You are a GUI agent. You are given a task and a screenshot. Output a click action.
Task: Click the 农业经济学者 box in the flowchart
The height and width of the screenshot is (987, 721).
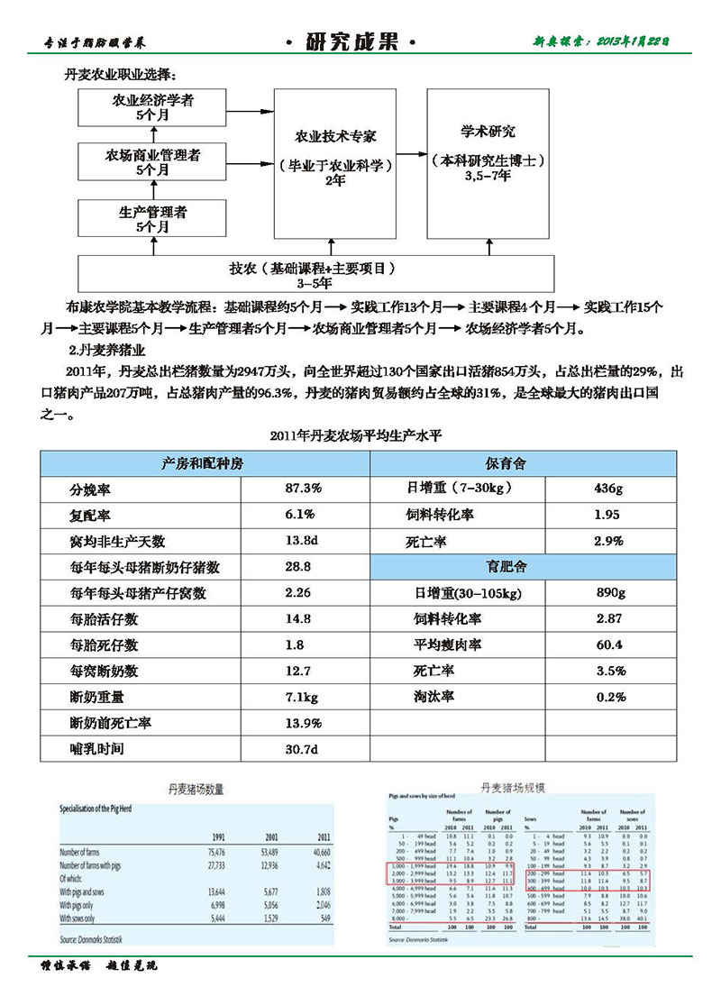(152, 107)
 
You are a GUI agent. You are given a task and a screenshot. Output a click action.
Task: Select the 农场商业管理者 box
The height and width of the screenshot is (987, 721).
(152, 162)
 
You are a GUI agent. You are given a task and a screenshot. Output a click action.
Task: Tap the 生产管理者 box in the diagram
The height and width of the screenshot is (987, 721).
(152, 219)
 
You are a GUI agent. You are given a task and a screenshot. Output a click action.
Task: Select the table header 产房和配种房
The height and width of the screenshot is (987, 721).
(204, 463)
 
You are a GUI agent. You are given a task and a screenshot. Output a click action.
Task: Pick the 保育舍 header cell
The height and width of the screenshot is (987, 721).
(524, 463)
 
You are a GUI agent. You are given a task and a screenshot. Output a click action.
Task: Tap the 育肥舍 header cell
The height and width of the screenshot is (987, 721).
(524, 567)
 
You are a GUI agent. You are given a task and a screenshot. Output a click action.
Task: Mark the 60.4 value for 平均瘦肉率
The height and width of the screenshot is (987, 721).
(608, 645)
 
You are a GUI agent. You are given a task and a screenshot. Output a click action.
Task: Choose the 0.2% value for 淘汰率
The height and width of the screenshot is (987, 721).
(610, 697)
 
